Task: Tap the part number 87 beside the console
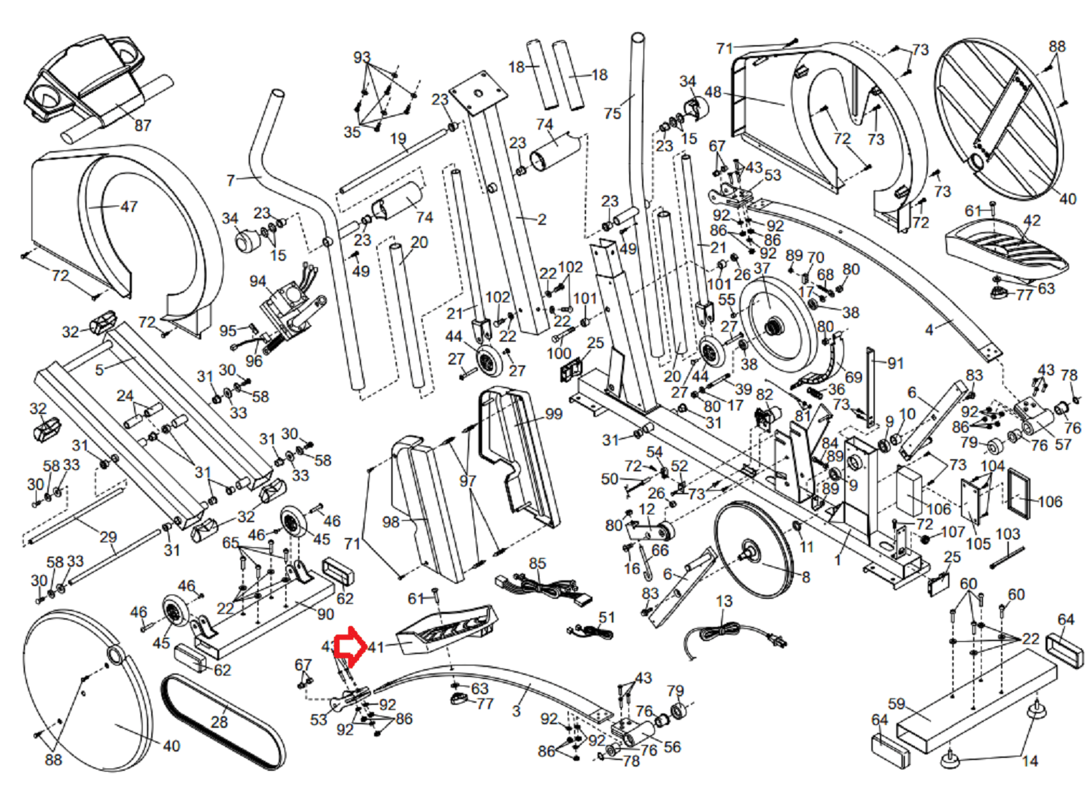[143, 125]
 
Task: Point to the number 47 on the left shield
[129, 207]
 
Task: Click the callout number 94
[257, 282]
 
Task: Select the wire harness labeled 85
[545, 587]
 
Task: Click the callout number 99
[554, 414]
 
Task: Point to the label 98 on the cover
[391, 522]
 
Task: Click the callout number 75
[612, 113]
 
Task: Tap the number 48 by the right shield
[713, 92]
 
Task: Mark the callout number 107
[953, 532]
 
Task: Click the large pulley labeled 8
[752, 548]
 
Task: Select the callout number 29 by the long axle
[108, 537]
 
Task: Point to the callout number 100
[558, 352]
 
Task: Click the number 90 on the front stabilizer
[325, 614]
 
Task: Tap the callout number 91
[895, 363]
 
